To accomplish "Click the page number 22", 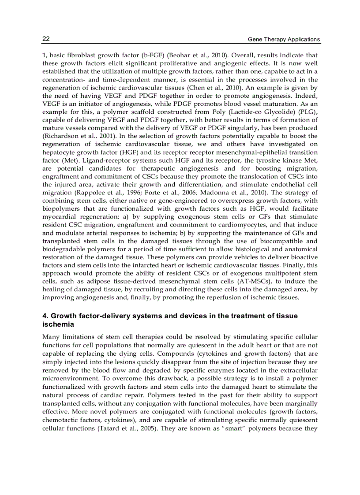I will (46, 39).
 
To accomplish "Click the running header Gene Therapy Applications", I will (284, 39).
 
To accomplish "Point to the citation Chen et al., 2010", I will (206, 87).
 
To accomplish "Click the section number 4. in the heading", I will (45, 316).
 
